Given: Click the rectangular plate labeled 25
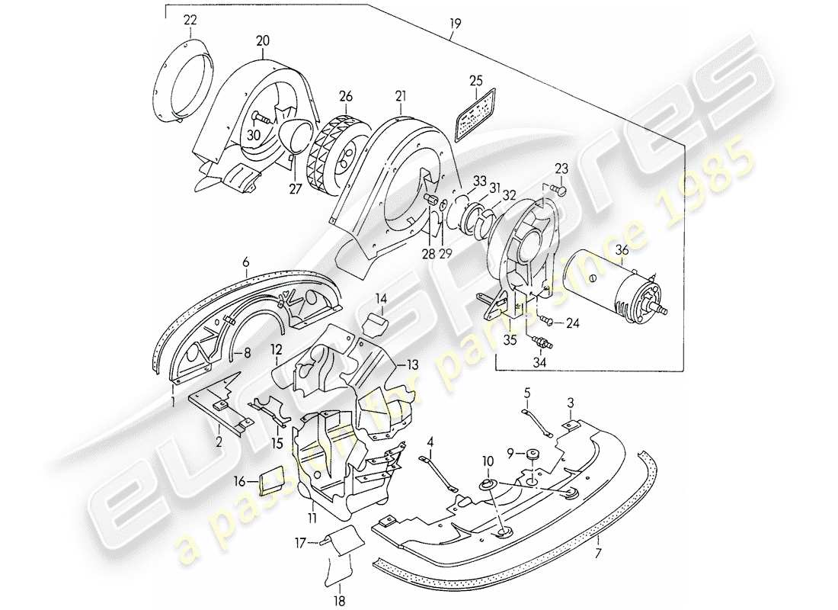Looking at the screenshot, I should pyautogui.click(x=475, y=115).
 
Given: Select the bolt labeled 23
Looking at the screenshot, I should pyautogui.click(x=560, y=188).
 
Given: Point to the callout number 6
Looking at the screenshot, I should pyautogui.click(x=246, y=262).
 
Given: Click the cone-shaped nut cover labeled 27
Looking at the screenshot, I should pyautogui.click(x=293, y=140).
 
